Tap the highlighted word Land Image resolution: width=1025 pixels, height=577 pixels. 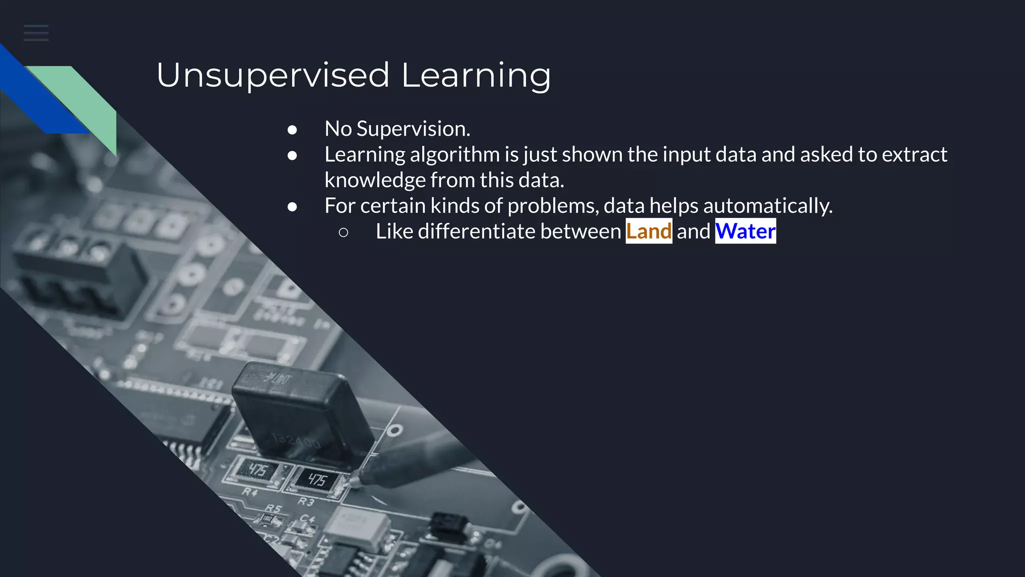click(x=649, y=231)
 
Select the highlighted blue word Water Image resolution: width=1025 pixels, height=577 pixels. click(x=745, y=231)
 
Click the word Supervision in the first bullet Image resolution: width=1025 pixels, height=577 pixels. click(x=413, y=129)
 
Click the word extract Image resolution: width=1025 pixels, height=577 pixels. click(x=914, y=155)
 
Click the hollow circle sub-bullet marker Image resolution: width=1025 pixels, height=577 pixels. click(x=343, y=232)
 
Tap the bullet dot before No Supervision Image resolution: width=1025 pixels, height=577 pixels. click(x=292, y=130)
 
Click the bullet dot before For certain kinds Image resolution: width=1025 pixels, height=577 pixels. click(x=292, y=207)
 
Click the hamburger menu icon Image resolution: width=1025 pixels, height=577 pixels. click(x=36, y=33)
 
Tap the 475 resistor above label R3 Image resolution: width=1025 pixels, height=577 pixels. click(x=317, y=480)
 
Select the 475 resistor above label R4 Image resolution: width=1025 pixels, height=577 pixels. click(x=258, y=470)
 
